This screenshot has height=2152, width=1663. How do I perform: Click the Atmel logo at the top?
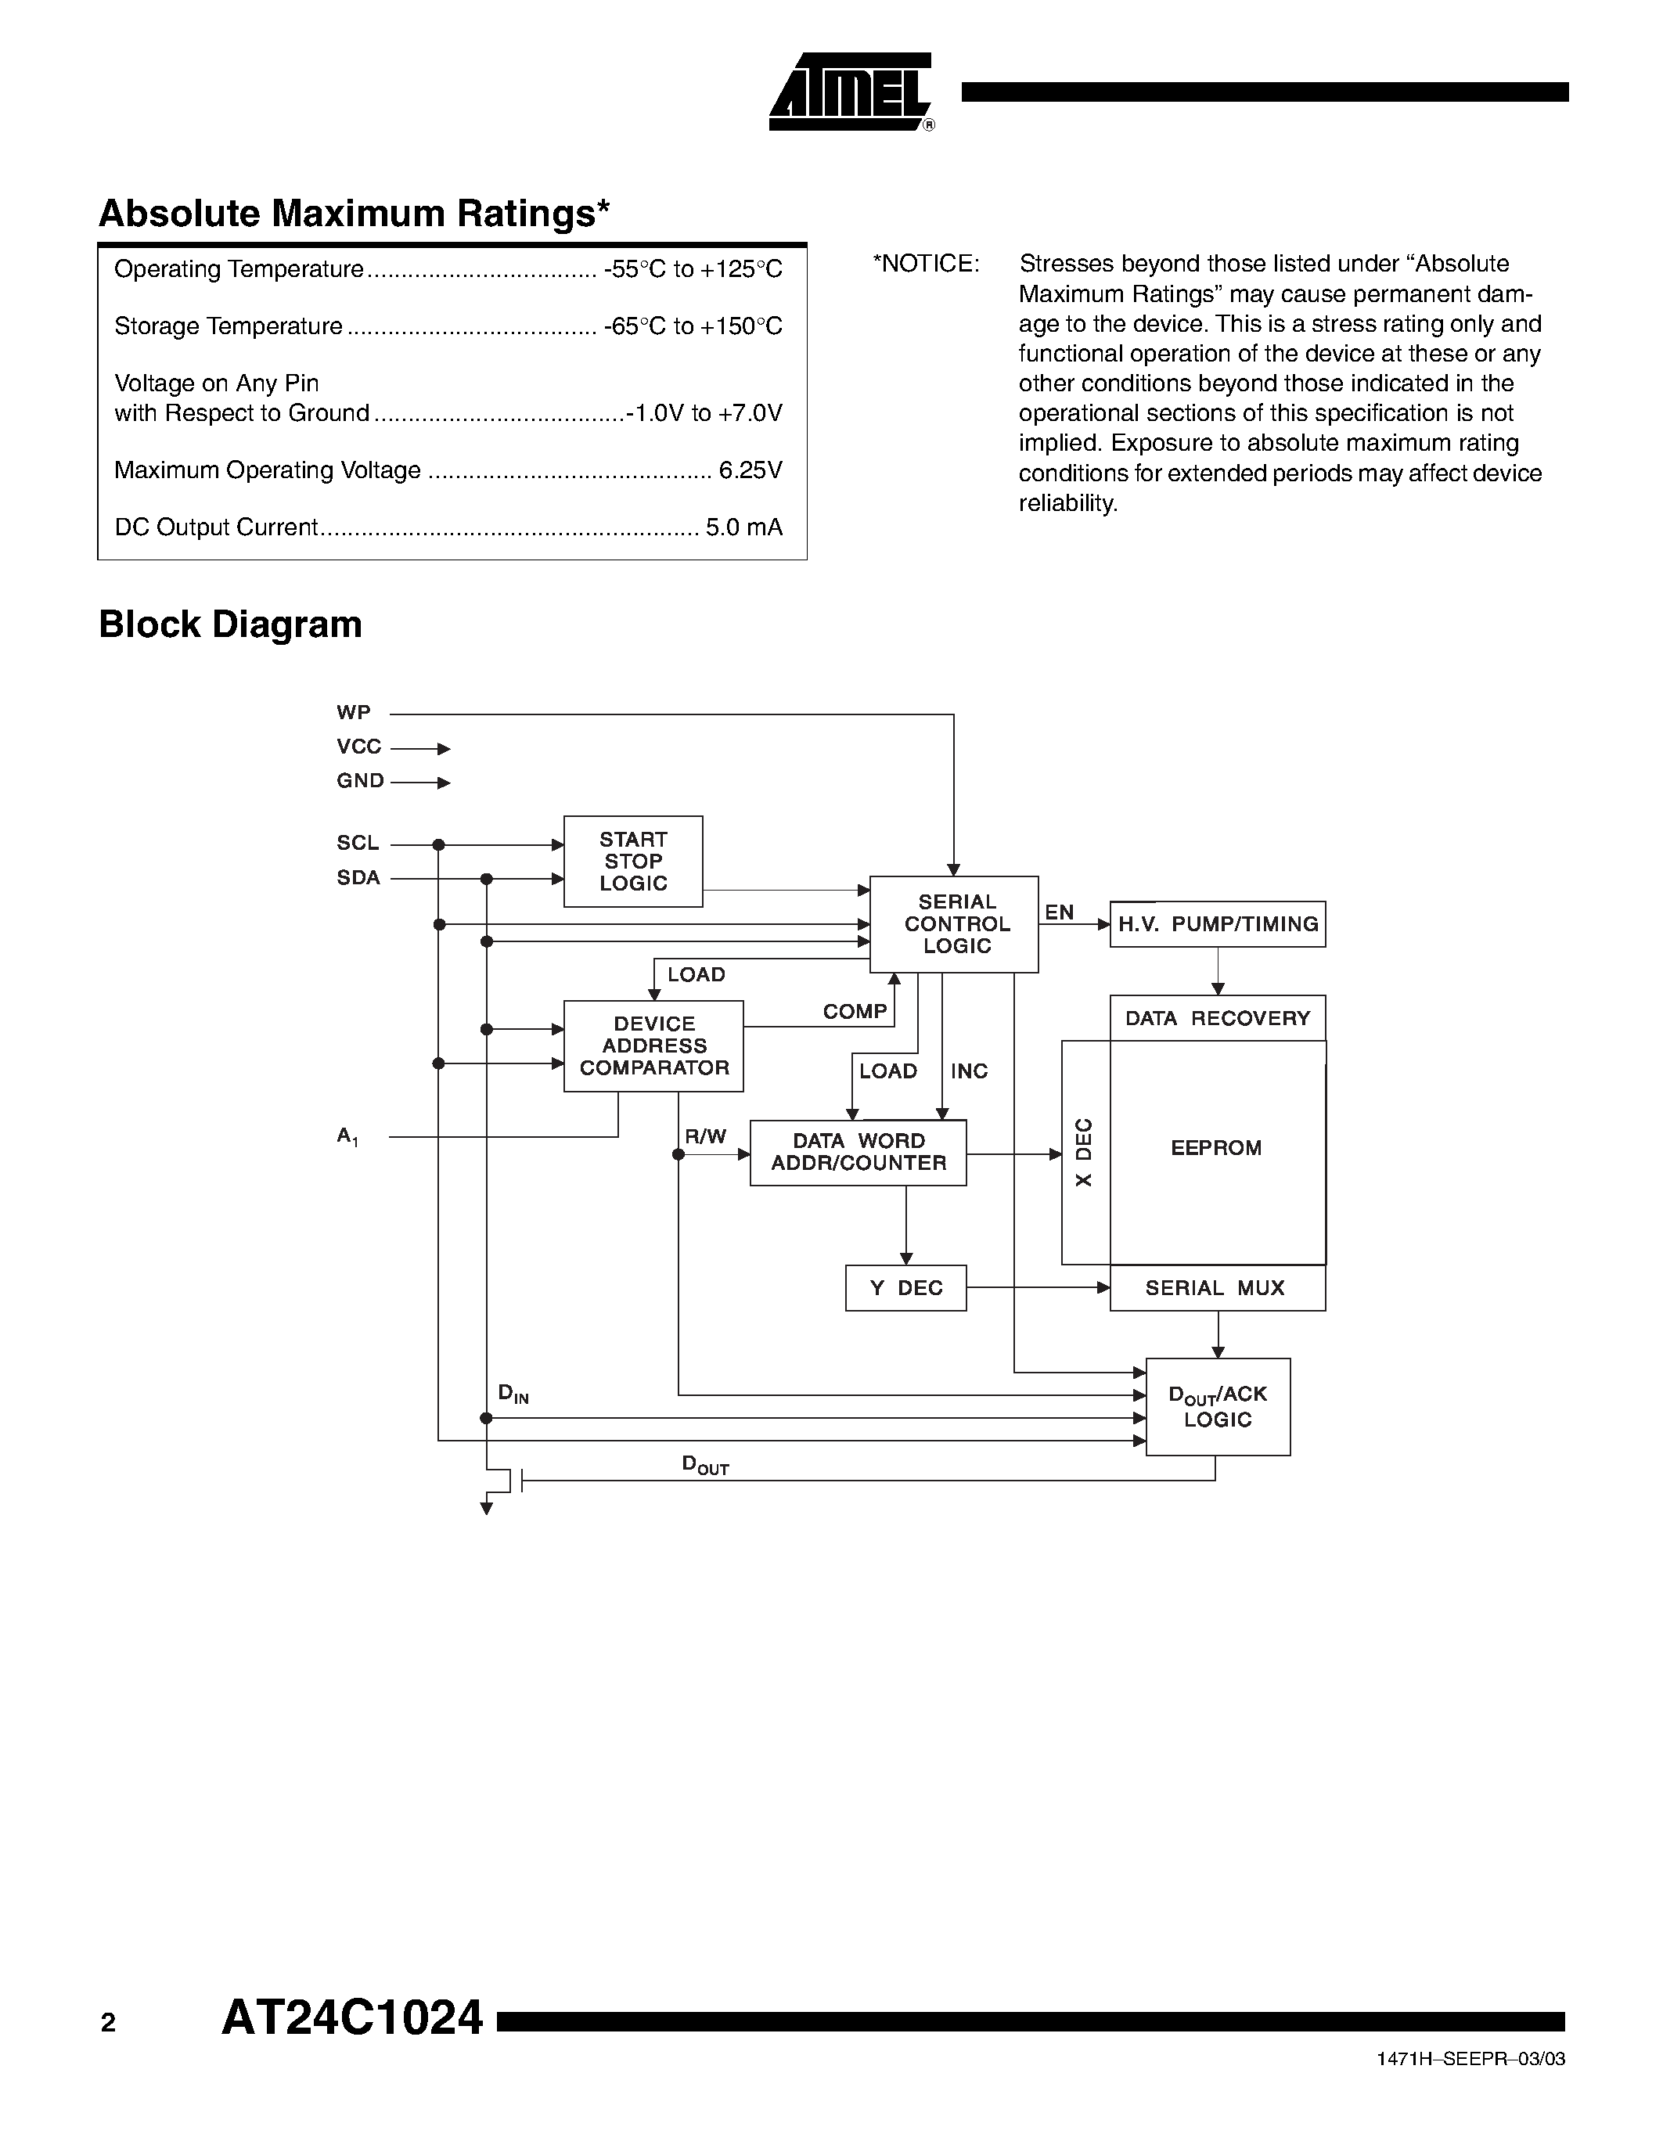coord(850,92)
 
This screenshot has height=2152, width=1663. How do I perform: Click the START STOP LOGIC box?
coord(632,862)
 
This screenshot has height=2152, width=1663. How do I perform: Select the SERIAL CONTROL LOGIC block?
coord(955,924)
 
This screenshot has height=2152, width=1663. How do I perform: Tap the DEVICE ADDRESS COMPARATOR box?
coord(653,1046)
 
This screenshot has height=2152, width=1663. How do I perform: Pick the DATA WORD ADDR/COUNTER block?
coord(858,1152)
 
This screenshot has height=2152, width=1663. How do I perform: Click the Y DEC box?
coord(905,1288)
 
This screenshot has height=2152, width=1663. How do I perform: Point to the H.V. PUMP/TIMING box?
coord(1217,924)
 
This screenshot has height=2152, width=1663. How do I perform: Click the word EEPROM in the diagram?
coord(1215,1148)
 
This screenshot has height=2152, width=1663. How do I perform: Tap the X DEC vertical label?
coord(1084,1152)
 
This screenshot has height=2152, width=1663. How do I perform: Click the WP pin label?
coord(354,712)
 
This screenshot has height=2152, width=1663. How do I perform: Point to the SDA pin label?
coord(358,878)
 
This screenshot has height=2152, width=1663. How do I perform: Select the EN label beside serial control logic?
coord(1059,912)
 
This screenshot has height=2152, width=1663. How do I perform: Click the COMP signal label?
coord(854,1012)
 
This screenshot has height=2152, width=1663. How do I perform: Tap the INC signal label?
coord(968,1071)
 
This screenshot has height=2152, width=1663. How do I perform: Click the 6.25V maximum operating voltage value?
coord(750,470)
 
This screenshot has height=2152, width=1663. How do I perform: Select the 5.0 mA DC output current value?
coord(743,527)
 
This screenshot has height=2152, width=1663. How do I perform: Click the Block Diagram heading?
coord(231,624)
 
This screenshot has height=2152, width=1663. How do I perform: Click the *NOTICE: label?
coord(926,264)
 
